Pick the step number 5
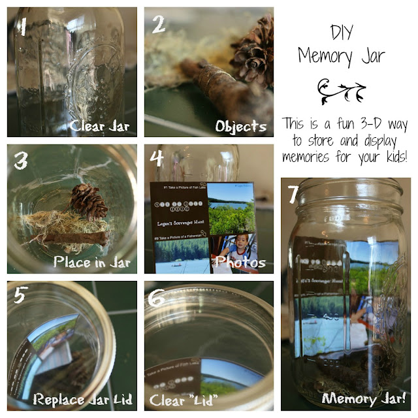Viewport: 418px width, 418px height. (x=21, y=295)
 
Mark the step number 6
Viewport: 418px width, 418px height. (x=157, y=297)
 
